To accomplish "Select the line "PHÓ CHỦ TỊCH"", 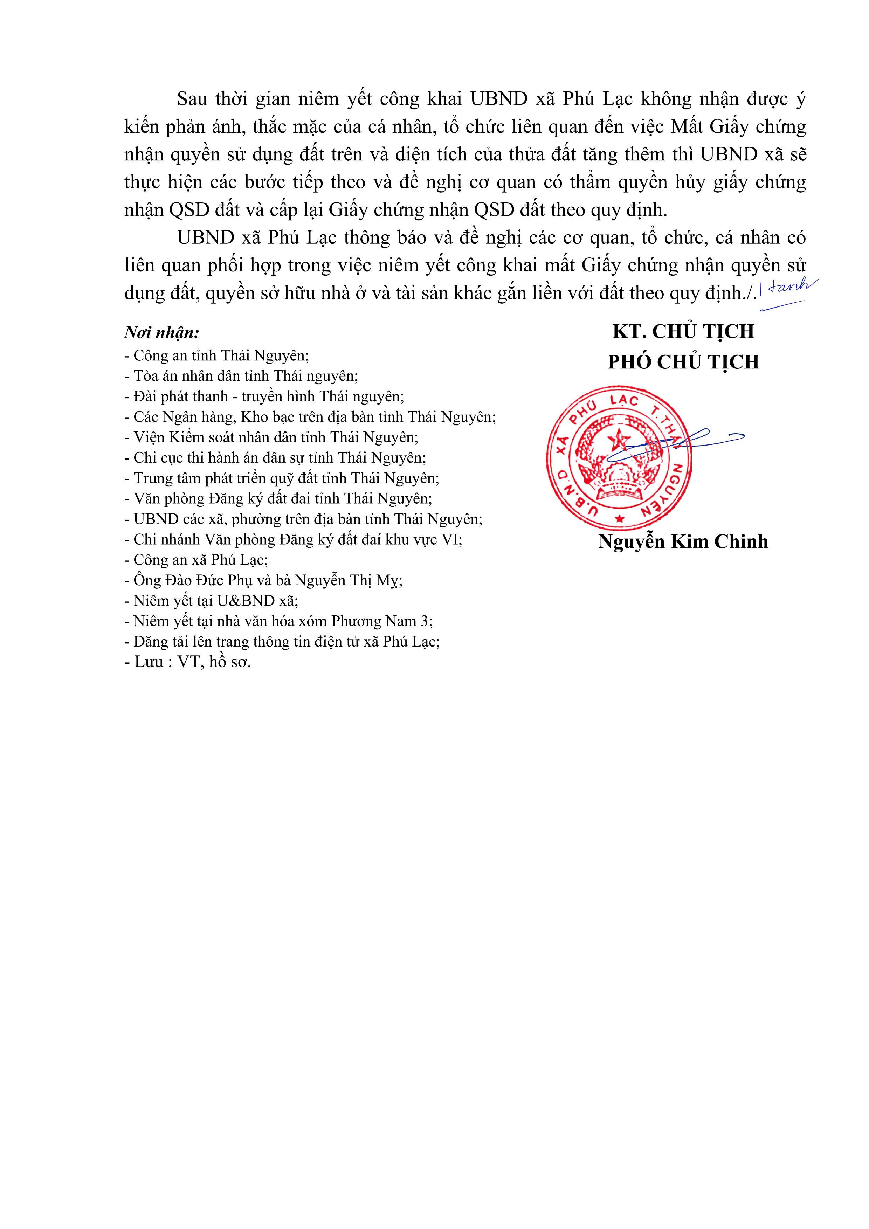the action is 683,363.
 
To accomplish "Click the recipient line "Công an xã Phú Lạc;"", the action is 196,560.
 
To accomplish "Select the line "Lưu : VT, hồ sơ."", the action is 187,662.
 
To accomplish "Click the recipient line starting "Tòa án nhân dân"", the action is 241,376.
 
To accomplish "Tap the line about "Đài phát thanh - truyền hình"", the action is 264,396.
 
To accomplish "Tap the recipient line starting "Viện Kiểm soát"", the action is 271,437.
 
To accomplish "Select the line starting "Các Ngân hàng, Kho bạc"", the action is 310,416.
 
